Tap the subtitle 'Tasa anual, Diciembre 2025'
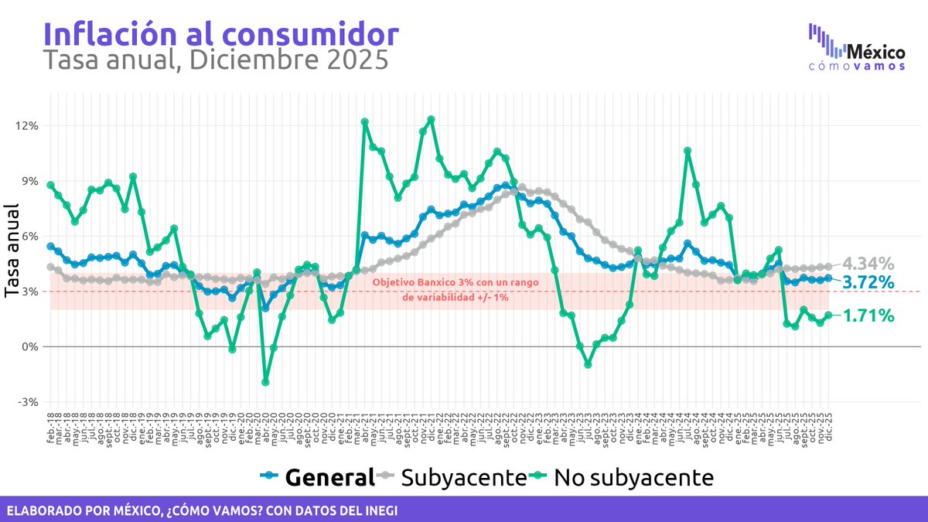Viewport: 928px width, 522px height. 215,60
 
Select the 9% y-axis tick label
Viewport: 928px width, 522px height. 29,181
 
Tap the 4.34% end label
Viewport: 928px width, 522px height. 868,263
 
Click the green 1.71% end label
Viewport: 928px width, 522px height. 868,316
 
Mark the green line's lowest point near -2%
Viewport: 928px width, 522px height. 265,382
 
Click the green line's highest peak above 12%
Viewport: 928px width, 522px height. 431,119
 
